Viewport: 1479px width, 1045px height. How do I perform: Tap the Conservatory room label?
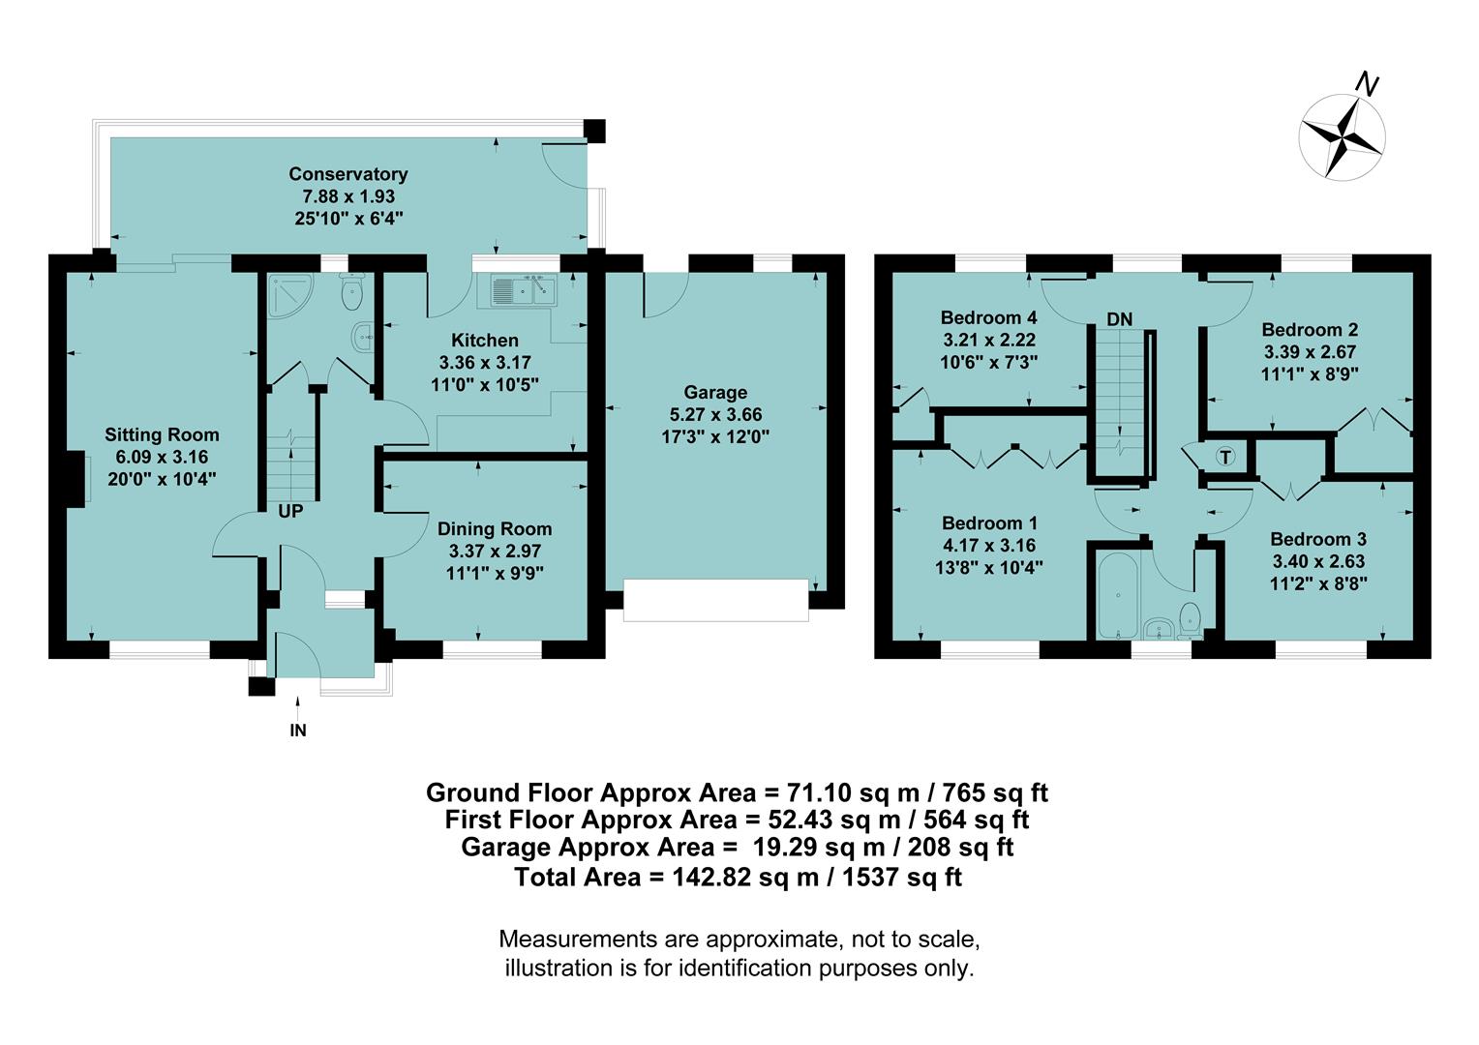coord(347,174)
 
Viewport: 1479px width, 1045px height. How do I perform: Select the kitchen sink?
coord(520,288)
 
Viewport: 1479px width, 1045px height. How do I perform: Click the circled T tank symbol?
coord(1225,457)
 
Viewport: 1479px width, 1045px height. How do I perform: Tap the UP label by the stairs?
coord(290,512)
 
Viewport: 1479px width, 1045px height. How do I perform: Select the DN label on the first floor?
coord(1119,319)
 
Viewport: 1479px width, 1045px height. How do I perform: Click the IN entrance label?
coord(298,731)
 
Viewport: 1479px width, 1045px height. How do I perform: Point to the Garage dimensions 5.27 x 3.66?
coord(715,414)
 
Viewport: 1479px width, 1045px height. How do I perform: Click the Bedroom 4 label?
coord(988,317)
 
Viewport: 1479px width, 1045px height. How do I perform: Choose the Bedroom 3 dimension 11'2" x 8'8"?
coord(1317,583)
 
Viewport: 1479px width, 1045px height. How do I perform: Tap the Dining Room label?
coord(494,528)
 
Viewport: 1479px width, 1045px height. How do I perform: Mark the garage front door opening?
coord(715,600)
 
